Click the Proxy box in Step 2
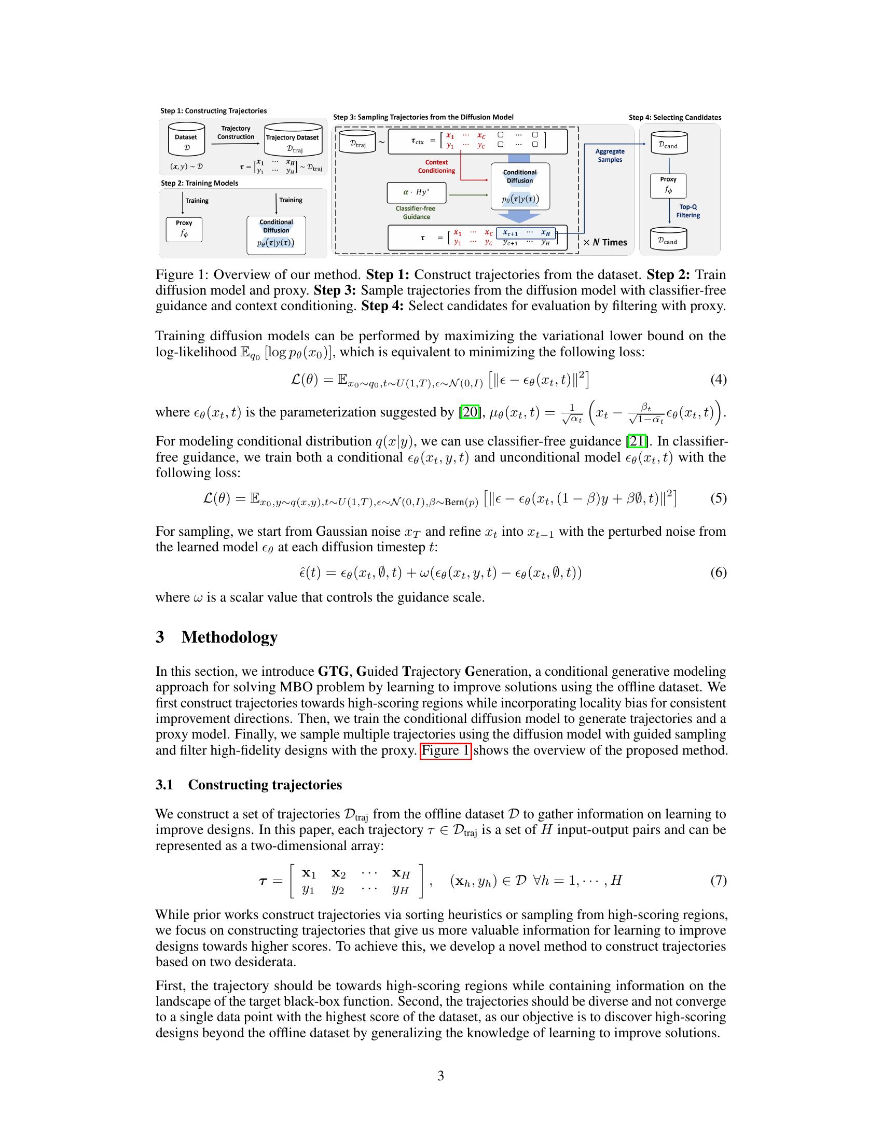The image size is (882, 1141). pyautogui.click(x=184, y=229)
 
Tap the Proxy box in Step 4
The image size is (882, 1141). pyautogui.click(x=668, y=186)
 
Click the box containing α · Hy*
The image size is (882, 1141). pyautogui.click(x=417, y=192)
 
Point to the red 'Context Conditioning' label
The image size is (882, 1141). pyautogui.click(x=436, y=166)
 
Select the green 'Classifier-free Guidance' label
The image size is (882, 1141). pyautogui.click(x=416, y=212)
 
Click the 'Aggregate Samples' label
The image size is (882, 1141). pyautogui.click(x=610, y=155)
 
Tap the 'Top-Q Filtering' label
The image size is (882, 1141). pyautogui.click(x=687, y=211)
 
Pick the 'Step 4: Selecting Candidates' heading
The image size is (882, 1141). pyautogui.click(x=674, y=117)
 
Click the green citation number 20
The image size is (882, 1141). pyautogui.click(x=470, y=412)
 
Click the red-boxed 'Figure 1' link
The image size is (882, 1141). pyautogui.click(x=446, y=750)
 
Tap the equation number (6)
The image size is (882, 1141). pyautogui.click(x=718, y=573)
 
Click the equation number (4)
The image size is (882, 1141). pyautogui.click(x=718, y=379)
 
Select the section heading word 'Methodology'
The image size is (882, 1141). pyautogui.click(x=229, y=637)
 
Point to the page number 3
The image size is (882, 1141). pyautogui.click(x=440, y=1076)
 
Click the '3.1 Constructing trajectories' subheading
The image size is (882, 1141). pyautogui.click(x=249, y=785)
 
